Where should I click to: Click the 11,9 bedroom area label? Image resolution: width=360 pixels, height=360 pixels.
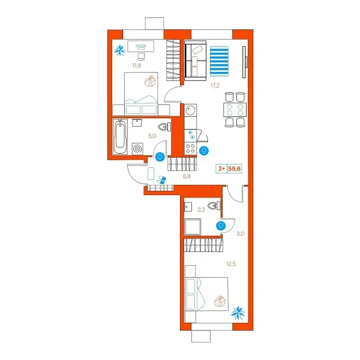(x=136, y=65)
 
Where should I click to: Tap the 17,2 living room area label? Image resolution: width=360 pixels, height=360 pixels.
(x=215, y=86)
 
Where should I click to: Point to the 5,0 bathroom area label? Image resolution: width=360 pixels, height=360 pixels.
(x=152, y=136)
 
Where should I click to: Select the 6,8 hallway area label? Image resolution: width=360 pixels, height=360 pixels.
(x=187, y=176)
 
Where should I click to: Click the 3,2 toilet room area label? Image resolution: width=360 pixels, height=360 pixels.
(x=202, y=210)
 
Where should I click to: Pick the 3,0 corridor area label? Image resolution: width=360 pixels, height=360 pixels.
(x=241, y=234)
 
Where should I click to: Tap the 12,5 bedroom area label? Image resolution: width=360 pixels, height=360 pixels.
(x=231, y=264)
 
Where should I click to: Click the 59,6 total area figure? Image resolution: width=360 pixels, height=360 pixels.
(x=235, y=169)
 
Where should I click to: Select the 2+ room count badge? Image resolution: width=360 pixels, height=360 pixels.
(x=221, y=169)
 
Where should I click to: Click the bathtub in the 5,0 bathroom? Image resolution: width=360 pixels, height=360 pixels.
(x=120, y=136)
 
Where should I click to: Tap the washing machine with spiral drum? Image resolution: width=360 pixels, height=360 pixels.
(x=137, y=149)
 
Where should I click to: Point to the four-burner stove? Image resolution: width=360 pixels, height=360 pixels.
(x=190, y=148)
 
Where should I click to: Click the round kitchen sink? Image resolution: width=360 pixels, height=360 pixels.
(x=190, y=110)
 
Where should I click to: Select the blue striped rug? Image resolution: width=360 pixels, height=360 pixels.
(x=219, y=61)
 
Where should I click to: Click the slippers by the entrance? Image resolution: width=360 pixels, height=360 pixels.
(x=161, y=180)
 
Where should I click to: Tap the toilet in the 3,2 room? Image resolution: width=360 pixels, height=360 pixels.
(x=214, y=205)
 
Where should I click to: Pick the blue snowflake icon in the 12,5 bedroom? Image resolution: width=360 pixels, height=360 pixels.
(x=238, y=313)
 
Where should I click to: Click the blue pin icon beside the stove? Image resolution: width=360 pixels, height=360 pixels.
(x=204, y=151)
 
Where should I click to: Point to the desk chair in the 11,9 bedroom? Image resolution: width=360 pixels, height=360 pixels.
(x=141, y=56)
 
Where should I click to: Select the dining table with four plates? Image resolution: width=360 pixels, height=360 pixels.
(x=235, y=110)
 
